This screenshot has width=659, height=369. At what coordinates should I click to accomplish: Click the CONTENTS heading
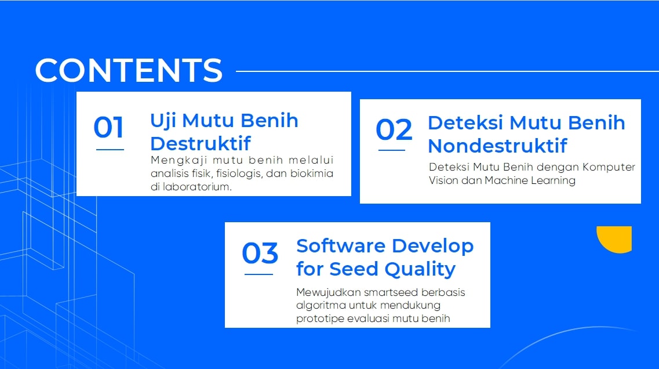tap(129, 70)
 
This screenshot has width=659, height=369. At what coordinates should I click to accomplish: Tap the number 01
tap(108, 127)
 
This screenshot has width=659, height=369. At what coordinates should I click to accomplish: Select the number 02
tap(394, 129)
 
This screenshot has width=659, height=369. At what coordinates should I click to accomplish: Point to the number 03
tap(260, 253)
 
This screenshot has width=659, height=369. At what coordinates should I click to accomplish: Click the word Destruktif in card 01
tap(201, 143)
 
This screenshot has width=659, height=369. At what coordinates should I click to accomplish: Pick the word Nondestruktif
tap(498, 146)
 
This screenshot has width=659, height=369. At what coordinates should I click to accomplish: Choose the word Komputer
tap(609, 168)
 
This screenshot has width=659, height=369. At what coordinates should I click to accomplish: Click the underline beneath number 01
tap(110, 149)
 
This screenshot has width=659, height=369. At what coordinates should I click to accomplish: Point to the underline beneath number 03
tap(258, 274)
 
